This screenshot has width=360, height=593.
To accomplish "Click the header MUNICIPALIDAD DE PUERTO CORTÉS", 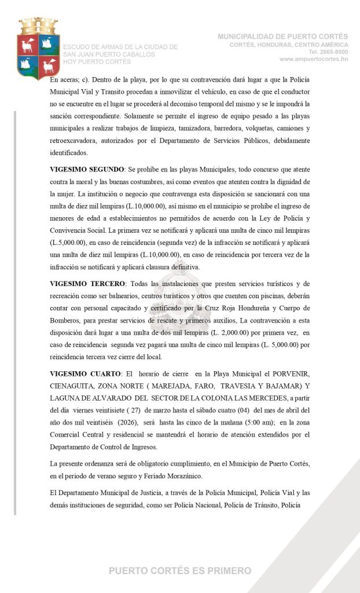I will pos(282,36).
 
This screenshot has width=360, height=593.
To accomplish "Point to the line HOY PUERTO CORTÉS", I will pos(97,62).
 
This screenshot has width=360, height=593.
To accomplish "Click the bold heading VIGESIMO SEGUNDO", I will pos(87,169).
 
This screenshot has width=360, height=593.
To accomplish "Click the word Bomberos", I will pos(68,320).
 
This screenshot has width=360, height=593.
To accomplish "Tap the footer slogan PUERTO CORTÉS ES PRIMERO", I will pos(180,571).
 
